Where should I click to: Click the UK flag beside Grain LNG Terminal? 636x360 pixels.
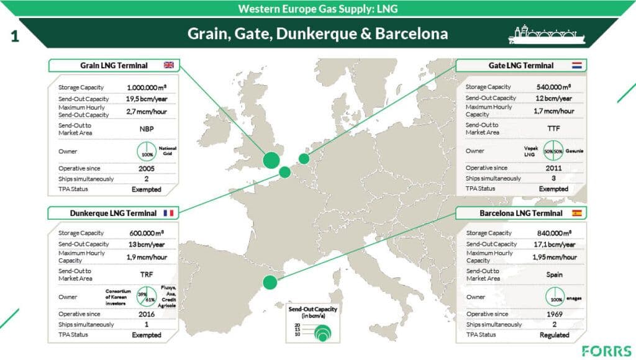pos(168,65)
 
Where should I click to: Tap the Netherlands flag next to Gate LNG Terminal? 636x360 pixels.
pos(576,65)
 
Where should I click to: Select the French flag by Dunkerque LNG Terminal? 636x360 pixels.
pos(168,213)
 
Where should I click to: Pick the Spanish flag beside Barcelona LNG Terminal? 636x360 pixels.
pos(576,213)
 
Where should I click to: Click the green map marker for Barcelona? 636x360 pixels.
pos(270,282)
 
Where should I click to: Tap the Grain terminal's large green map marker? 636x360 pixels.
pos(271,160)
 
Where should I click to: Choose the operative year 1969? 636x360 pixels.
pos(554,313)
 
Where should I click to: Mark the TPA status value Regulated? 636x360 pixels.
pos(554,335)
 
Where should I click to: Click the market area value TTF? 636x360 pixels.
pos(554,128)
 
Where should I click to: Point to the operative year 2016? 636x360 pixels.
pos(147,314)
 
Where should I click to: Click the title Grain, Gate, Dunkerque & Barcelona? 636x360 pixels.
pos(317,34)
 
